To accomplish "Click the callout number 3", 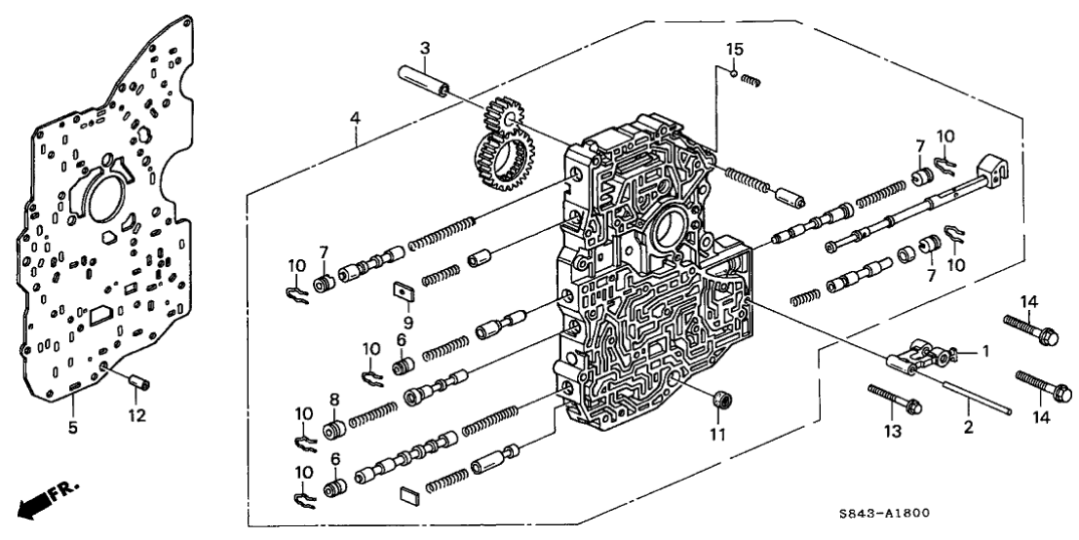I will click(x=424, y=48).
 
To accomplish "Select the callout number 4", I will click(x=357, y=118).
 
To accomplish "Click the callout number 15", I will click(x=734, y=49).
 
